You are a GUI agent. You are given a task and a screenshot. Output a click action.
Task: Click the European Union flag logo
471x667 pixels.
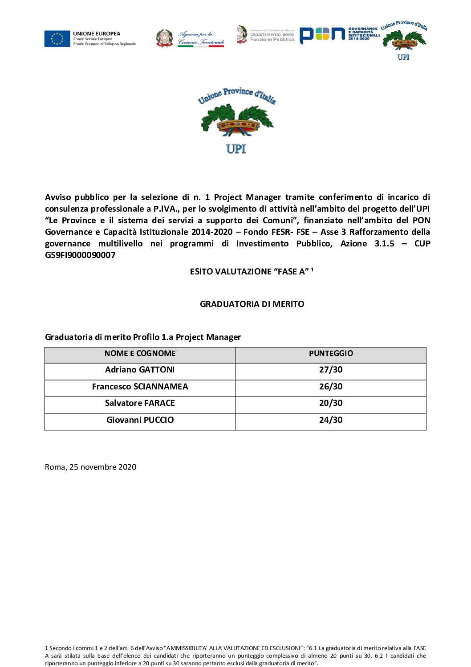point(57,39)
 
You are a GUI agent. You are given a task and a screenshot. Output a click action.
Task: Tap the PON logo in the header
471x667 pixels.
point(322,35)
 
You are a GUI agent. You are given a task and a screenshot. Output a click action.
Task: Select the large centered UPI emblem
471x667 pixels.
point(236,120)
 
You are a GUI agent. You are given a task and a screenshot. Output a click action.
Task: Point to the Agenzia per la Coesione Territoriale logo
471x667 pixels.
point(191,38)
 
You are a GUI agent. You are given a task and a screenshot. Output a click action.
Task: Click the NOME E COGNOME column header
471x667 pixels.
point(140,354)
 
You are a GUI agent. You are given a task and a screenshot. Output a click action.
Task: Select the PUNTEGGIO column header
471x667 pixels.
point(331,354)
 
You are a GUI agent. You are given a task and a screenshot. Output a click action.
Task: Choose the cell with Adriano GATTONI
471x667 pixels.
point(140,370)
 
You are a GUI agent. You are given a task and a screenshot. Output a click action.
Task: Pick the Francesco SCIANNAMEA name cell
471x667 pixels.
point(140,387)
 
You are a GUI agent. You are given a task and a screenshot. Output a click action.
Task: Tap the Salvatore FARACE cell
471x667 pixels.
point(140,403)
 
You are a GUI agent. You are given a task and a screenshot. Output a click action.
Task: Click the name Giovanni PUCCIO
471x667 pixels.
point(140,420)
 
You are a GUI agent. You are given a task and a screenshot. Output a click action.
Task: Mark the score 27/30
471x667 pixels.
point(331,370)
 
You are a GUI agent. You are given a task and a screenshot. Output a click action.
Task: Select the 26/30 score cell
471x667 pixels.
point(331,387)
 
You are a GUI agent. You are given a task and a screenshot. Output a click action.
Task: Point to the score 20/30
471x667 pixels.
point(331,403)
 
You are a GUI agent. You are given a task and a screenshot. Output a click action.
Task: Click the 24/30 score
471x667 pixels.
point(331,420)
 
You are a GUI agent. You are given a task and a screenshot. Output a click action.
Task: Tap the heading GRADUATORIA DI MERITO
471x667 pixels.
point(252,304)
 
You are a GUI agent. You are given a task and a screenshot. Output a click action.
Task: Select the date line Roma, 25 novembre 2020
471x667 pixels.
point(91,467)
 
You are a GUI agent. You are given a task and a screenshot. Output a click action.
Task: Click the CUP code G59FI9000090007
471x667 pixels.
point(80,255)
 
